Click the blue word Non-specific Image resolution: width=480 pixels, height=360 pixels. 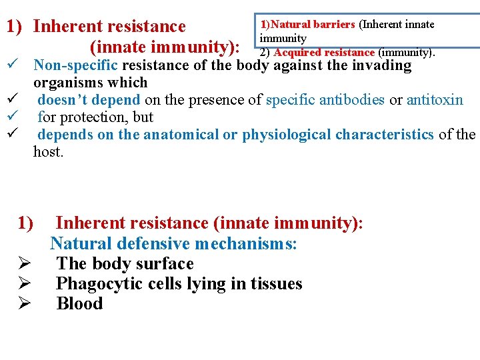75,65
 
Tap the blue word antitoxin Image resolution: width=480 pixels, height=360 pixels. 435,100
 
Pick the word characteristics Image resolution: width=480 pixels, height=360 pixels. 385,135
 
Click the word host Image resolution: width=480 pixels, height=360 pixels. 47,152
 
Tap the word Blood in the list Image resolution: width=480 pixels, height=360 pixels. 79,304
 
